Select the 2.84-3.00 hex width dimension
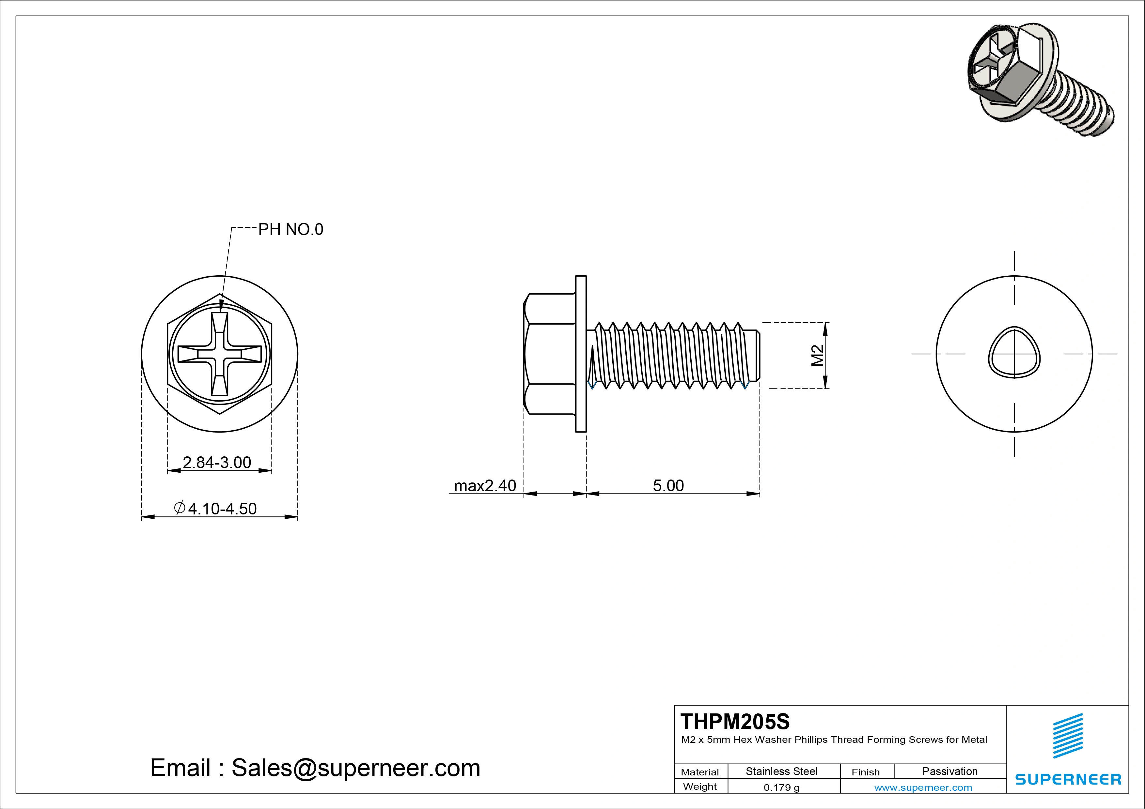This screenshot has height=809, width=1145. pos(217,463)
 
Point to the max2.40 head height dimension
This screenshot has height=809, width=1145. pos(485,485)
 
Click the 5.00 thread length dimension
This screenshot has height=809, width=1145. pos(668,485)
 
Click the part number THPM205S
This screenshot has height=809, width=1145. pos(735,722)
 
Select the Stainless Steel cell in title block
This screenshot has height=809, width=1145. pos(781,771)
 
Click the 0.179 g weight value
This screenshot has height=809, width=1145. pos(781,787)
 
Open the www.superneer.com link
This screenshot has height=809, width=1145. pos(923,787)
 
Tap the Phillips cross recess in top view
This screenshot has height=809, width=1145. pos(219,354)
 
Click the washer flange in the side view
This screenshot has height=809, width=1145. pos(581,354)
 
